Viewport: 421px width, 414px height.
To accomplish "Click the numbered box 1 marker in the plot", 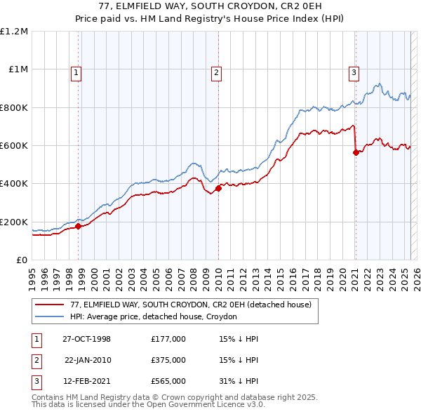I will pyautogui.click(x=75, y=72).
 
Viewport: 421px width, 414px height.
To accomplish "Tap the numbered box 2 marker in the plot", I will pyautogui.click(x=216, y=72).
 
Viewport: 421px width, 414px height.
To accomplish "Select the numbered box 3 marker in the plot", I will pyautogui.click(x=354, y=72).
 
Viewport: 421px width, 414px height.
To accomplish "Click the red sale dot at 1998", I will pyautogui.click(x=79, y=226).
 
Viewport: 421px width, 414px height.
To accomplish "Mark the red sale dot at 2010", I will pyautogui.click(x=218, y=188).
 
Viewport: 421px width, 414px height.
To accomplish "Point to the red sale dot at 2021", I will pyautogui.click(x=356, y=152).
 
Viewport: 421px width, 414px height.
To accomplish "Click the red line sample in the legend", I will pyautogui.click(x=51, y=304).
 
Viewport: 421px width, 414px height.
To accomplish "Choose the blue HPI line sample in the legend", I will pyautogui.click(x=51, y=316).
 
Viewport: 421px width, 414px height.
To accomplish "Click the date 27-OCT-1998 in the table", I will pyautogui.click(x=86, y=339).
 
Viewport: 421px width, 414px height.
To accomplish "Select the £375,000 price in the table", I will pyautogui.click(x=168, y=360).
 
